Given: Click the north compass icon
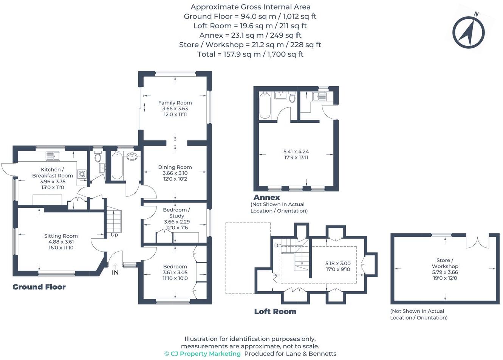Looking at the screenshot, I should (x=469, y=32).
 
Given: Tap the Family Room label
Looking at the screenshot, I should (x=175, y=103).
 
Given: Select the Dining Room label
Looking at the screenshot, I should (x=175, y=167).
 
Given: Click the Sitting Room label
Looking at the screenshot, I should (x=61, y=236).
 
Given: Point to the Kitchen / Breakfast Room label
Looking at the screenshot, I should (x=53, y=173).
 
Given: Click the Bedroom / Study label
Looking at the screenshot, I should (x=176, y=213).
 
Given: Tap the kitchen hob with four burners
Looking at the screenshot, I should (x=82, y=174).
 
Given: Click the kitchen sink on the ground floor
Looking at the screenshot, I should (x=53, y=156).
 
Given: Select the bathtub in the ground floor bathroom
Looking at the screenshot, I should (x=117, y=166).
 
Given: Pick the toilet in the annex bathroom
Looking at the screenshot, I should (x=292, y=98).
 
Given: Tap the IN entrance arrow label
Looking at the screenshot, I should (x=115, y=272).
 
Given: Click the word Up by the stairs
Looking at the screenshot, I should (x=114, y=235).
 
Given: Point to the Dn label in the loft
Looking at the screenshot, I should (x=278, y=246).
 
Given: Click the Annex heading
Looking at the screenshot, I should (x=267, y=197).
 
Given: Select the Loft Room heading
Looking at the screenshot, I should (x=275, y=312).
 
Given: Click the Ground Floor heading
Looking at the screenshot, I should (x=39, y=287).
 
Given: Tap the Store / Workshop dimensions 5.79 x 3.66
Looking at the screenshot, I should (x=445, y=272).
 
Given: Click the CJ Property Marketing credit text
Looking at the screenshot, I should (x=203, y=354).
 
